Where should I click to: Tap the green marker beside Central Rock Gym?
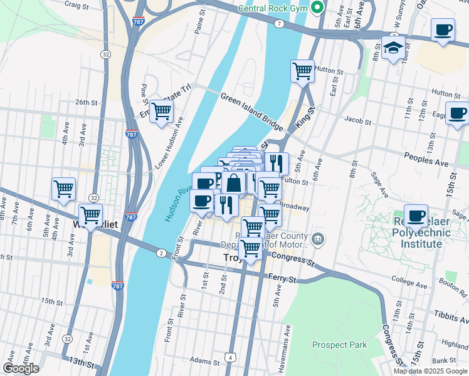pos(318,8)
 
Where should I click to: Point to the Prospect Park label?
pos(339,345)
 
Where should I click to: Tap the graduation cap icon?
pos(393,48)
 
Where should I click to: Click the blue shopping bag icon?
pos(234,184)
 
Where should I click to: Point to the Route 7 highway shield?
pos(278,23)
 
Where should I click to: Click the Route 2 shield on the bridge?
pos(161,253)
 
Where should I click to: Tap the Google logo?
pos(21,368)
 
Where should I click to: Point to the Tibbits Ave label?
pos(450,313)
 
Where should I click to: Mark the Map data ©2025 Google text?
pos(429,371)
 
